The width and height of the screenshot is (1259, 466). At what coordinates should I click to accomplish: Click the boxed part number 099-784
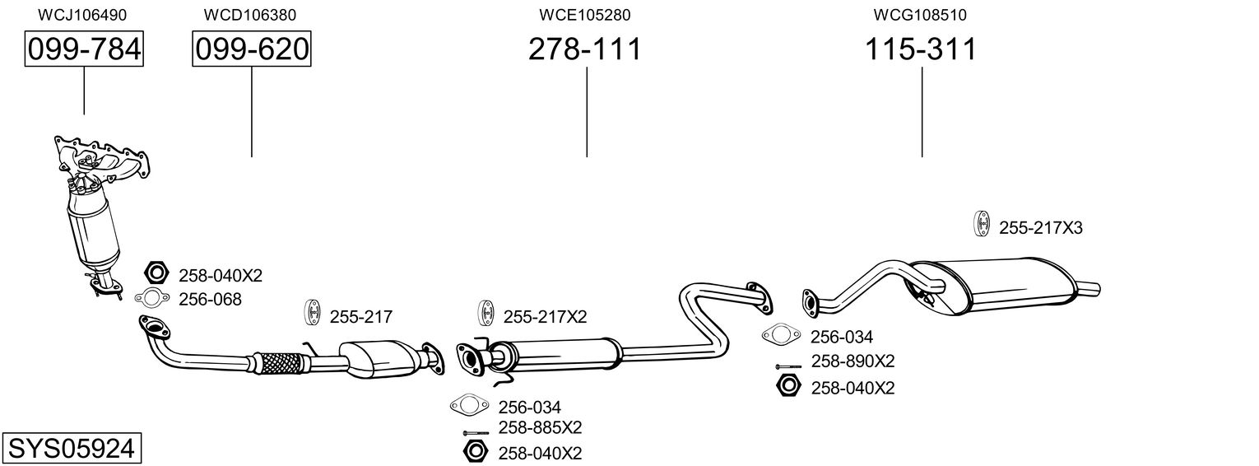click(x=84, y=49)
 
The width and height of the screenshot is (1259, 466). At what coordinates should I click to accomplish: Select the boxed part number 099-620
click(x=252, y=49)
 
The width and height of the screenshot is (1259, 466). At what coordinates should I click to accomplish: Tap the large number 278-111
click(x=584, y=49)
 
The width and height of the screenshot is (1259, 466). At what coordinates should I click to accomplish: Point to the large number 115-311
click(x=920, y=49)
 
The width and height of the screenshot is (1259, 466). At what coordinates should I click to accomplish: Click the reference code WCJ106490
click(x=82, y=15)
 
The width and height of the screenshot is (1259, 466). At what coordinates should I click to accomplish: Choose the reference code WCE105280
click(x=585, y=15)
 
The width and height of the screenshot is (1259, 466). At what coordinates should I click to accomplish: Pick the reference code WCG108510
click(x=920, y=15)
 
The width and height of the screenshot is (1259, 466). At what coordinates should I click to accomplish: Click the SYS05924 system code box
click(x=71, y=449)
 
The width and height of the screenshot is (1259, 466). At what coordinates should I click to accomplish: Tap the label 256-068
click(x=211, y=300)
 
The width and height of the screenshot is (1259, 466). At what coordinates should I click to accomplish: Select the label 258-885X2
click(x=540, y=428)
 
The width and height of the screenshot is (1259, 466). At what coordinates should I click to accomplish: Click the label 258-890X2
click(x=852, y=361)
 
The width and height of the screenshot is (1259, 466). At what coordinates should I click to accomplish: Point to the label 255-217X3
click(x=1040, y=228)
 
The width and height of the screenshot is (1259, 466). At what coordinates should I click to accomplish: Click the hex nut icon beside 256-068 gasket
click(x=156, y=273)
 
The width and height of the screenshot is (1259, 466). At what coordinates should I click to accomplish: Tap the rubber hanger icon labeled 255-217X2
click(x=485, y=315)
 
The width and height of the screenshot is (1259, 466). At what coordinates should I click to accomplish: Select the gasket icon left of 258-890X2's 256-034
click(x=781, y=335)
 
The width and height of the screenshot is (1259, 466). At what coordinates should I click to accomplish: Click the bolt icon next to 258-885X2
click(x=476, y=433)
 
